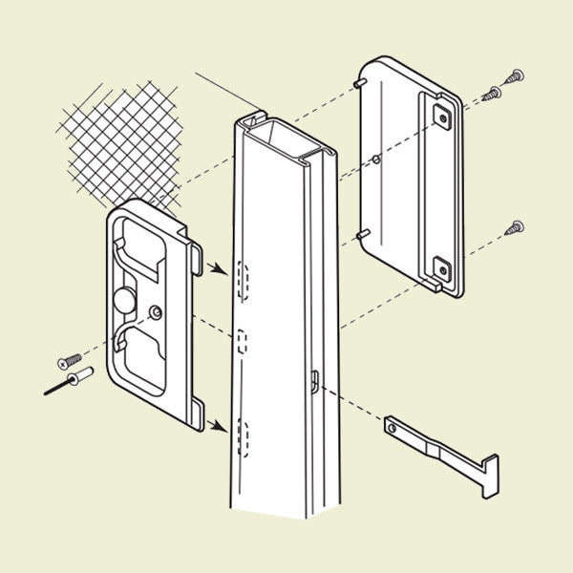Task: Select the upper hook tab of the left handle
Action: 195,256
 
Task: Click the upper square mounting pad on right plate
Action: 441,117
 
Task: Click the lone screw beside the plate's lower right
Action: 516,226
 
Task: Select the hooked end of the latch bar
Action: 488,475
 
